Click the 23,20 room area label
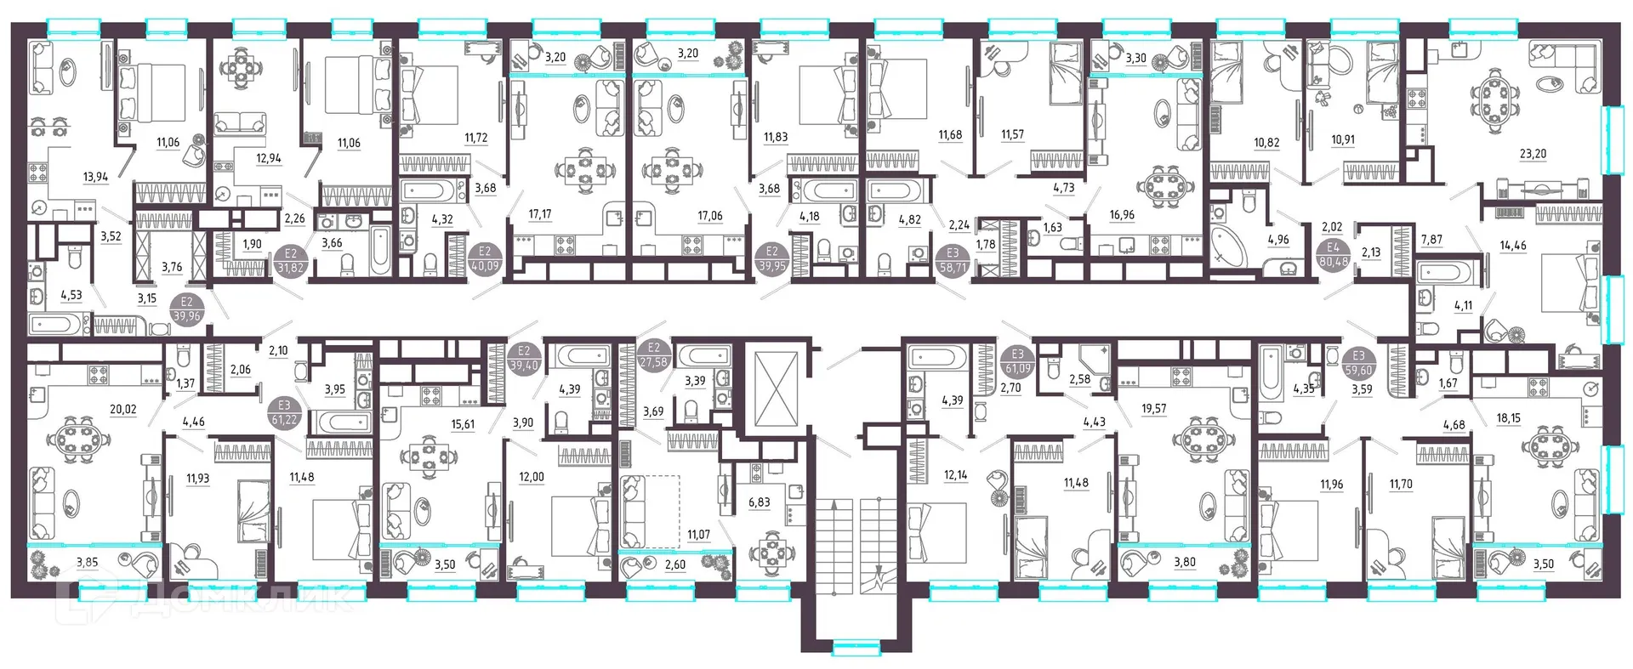click(x=1533, y=155)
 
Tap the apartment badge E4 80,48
click(x=1334, y=255)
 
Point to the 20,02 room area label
click(x=123, y=409)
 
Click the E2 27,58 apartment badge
click(x=654, y=354)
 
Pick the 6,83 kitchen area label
click(x=760, y=502)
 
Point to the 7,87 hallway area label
click(x=1431, y=240)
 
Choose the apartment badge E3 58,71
click(x=953, y=260)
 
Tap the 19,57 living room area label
click(x=1154, y=409)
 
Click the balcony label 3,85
click(x=88, y=563)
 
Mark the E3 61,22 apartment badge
click(x=284, y=413)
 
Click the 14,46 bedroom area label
click(x=1513, y=246)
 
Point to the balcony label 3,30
click(x=1136, y=59)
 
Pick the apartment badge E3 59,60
click(x=1359, y=363)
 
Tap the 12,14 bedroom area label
click(x=955, y=475)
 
